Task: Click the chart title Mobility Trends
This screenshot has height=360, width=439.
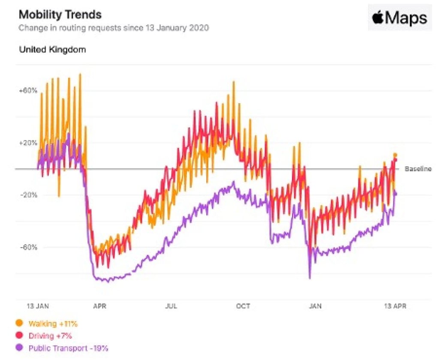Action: click(x=60, y=15)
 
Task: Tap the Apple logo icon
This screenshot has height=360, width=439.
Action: click(x=378, y=18)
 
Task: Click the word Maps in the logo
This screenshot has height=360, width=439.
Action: click(x=406, y=18)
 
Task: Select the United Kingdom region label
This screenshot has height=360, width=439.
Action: click(x=52, y=49)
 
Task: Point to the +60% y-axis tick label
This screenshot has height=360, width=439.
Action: click(x=28, y=90)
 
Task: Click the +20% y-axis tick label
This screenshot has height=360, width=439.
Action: click(x=28, y=143)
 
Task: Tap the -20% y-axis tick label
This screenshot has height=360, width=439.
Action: click(x=28, y=195)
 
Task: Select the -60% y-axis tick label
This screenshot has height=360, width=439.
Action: click(x=28, y=247)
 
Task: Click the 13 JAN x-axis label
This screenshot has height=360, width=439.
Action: click(x=38, y=306)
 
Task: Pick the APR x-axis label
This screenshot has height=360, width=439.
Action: click(x=99, y=306)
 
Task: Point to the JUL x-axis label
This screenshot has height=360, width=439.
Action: click(x=171, y=306)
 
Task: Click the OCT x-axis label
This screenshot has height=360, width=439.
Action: click(x=243, y=306)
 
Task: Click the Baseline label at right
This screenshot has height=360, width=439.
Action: click(x=418, y=169)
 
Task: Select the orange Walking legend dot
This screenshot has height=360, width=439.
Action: click(x=19, y=323)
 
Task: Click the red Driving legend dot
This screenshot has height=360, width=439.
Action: click(x=19, y=336)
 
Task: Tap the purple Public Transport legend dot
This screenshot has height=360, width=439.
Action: click(x=19, y=348)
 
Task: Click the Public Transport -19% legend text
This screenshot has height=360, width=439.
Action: click(x=68, y=348)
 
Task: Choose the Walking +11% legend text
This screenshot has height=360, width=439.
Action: click(x=53, y=323)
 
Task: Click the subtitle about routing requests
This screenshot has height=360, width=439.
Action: click(x=114, y=28)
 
